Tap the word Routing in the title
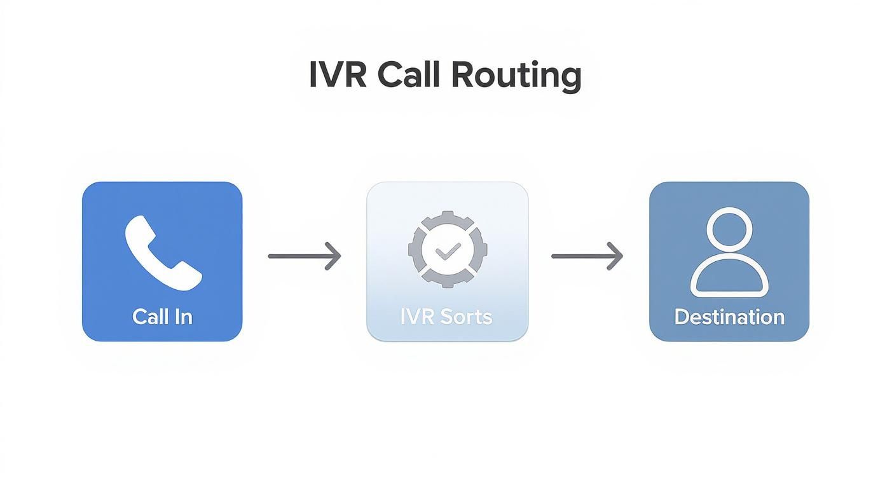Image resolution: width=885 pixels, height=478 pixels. [x=516, y=76]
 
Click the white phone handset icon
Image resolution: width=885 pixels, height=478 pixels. [x=163, y=253]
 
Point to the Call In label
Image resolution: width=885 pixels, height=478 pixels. [x=162, y=317]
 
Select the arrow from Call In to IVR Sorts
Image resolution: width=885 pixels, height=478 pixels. [x=305, y=256]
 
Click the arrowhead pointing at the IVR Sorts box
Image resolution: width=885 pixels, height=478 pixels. [x=334, y=256]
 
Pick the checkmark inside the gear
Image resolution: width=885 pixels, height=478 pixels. [x=447, y=252]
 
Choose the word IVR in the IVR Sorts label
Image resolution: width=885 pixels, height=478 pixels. [x=415, y=317]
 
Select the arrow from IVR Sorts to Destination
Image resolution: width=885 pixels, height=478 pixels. [x=587, y=256]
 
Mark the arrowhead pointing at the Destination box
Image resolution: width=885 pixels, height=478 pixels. [x=616, y=256]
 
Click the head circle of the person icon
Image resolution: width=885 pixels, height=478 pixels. [x=729, y=230]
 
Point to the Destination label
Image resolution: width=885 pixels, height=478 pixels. [x=729, y=317]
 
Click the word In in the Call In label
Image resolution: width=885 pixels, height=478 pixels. [x=183, y=317]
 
